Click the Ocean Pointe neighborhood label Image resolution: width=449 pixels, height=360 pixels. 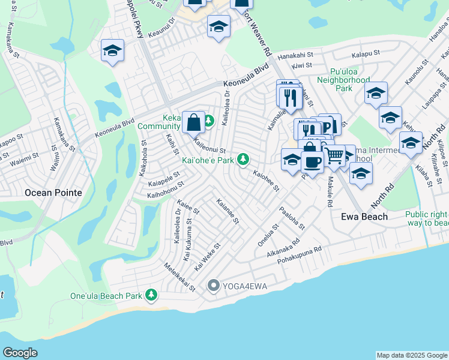point(53,193)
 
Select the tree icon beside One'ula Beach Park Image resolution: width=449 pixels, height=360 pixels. point(152,295)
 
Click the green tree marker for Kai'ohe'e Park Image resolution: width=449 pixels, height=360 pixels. point(243,159)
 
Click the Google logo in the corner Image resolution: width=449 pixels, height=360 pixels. point(20,353)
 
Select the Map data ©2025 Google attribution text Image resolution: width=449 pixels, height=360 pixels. point(411,355)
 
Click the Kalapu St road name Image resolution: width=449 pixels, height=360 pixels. point(366,53)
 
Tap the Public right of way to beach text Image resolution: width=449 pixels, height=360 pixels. point(426,218)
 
